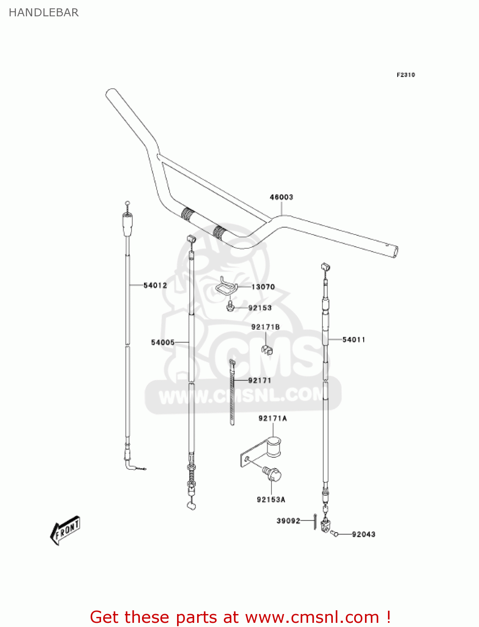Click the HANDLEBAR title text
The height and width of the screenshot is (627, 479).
point(43,13)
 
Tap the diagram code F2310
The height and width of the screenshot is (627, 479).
point(406,75)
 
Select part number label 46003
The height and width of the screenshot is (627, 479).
point(281,197)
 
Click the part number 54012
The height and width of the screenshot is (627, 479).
point(155,285)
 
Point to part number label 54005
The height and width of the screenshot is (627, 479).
point(163,342)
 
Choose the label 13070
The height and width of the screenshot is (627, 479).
point(263,287)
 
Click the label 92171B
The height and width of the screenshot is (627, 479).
point(266,327)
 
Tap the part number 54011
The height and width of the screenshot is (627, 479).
point(354,339)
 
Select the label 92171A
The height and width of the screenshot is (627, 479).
point(273,418)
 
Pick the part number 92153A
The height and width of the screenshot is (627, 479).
point(271,500)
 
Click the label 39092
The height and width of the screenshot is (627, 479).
point(288,520)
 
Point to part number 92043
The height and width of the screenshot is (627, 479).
point(364,534)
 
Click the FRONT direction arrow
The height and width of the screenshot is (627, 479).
point(65,530)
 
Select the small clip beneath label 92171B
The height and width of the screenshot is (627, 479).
point(266,349)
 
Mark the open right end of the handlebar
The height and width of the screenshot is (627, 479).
point(394,252)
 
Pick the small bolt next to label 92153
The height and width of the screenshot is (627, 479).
point(230,307)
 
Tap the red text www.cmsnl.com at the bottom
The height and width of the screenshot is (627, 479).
point(312,617)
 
